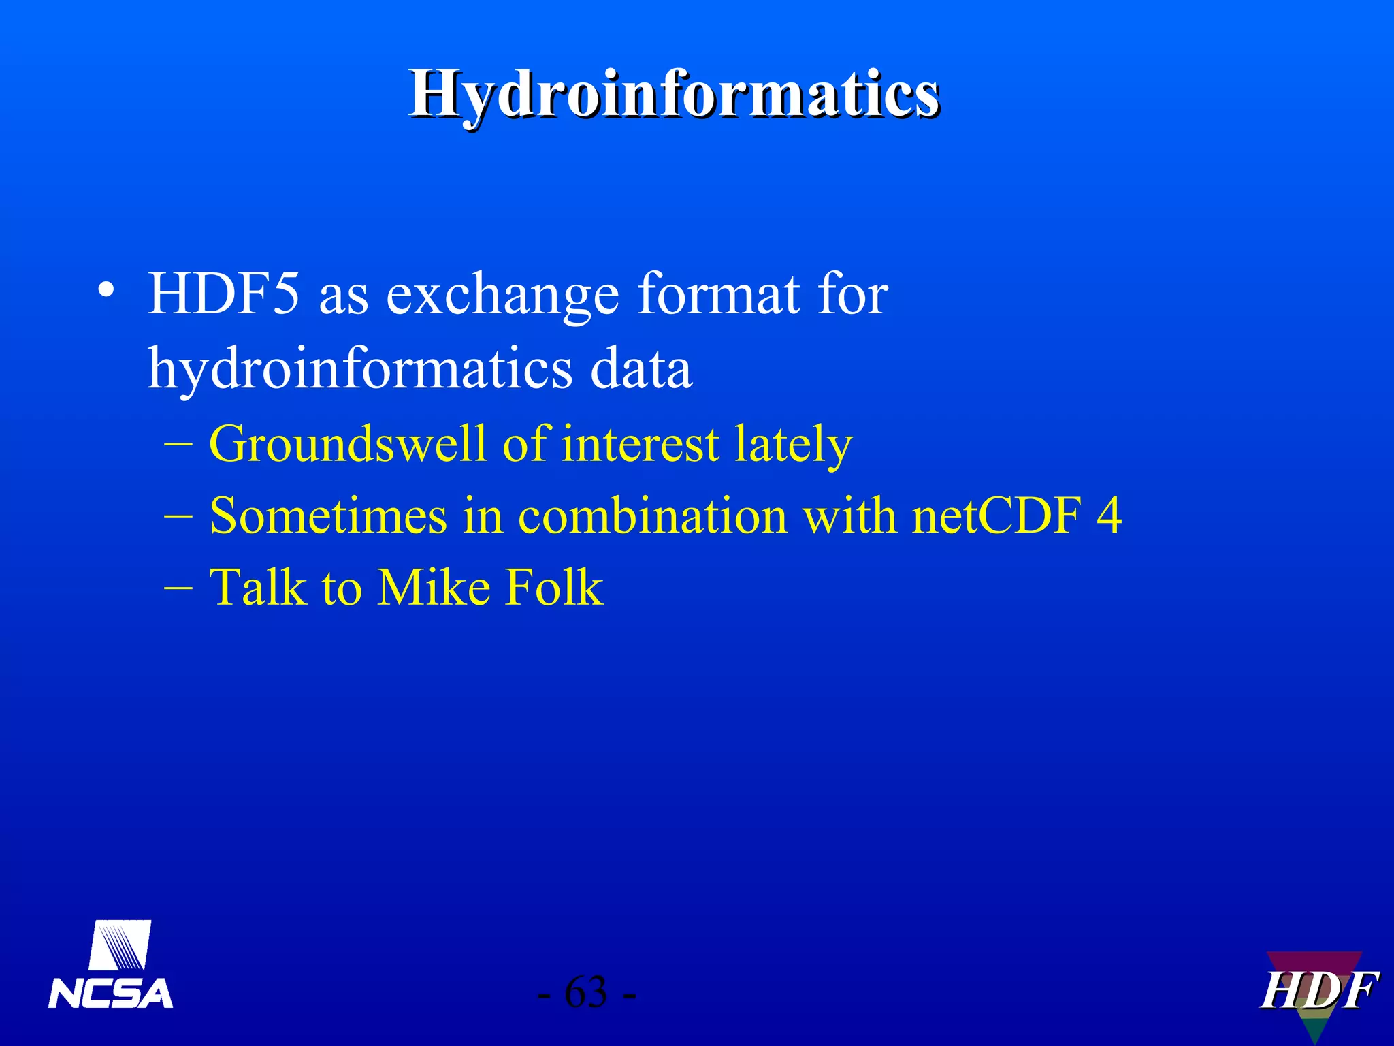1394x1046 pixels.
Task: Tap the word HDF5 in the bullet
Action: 223,294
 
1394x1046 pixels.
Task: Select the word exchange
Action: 503,296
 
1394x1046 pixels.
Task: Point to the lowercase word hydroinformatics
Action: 360,368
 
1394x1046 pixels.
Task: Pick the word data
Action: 641,368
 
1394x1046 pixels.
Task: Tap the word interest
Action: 641,444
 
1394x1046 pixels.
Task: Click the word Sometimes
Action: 328,516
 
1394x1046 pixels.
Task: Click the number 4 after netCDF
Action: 1109,516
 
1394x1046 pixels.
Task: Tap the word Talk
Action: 258,587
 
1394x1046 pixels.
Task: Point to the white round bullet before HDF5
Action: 106,289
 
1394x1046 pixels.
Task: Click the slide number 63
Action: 586,992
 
